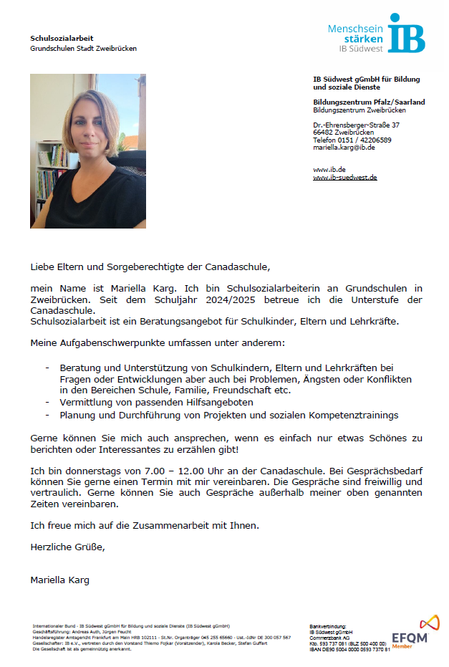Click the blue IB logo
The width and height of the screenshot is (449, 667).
406,33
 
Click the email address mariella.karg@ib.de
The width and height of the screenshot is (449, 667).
344,148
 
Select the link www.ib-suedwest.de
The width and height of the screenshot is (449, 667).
345,177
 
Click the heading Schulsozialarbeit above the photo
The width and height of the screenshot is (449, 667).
62,38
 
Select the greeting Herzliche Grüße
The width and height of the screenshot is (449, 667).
67,547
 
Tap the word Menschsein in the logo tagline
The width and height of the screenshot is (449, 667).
355,29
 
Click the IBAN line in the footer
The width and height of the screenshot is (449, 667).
349,649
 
